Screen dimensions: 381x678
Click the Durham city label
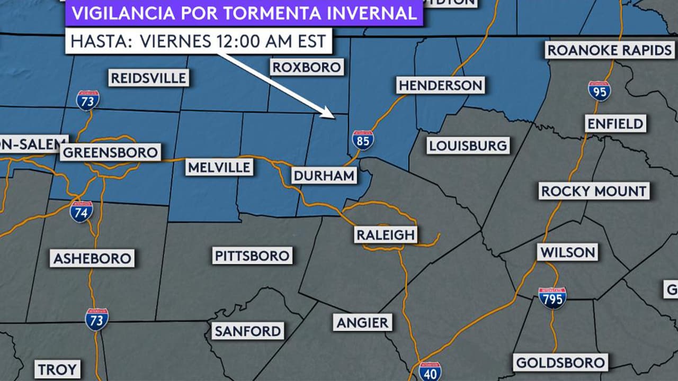[x=324, y=176]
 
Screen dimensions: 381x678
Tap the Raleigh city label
[x=386, y=234]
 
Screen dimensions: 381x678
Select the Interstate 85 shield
[x=363, y=140]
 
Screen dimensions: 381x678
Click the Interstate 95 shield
[x=599, y=90]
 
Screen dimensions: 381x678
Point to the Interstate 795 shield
[x=552, y=298]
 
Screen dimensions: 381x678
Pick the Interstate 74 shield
[x=82, y=211]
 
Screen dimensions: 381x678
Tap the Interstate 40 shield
[x=430, y=371]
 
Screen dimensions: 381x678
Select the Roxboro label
[x=306, y=67]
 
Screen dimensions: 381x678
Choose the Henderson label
[x=440, y=85]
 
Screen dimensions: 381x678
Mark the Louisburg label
[x=468, y=145]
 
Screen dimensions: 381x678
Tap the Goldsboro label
[x=560, y=362]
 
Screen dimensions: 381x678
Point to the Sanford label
[x=248, y=331]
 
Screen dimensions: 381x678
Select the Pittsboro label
[x=252, y=256]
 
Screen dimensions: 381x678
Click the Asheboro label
[x=93, y=258]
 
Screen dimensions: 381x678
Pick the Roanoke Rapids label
[x=609, y=50]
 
